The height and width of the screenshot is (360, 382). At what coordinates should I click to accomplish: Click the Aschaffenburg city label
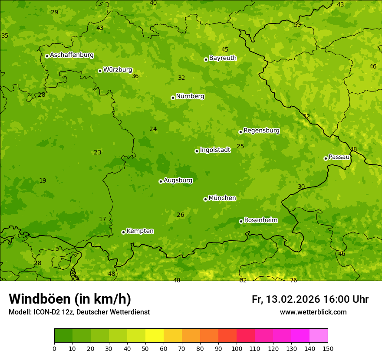(72, 55)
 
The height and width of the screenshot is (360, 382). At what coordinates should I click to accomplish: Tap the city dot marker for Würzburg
(100, 71)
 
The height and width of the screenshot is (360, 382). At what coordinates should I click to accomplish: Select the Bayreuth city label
(223, 58)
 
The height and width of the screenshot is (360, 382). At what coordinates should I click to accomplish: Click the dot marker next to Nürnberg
(173, 98)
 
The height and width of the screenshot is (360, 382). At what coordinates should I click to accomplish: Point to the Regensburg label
(261, 131)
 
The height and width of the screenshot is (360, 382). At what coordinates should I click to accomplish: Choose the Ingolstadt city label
(215, 150)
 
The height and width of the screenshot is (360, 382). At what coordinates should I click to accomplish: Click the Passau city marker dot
(326, 158)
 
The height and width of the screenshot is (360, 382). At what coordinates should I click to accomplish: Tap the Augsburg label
(178, 180)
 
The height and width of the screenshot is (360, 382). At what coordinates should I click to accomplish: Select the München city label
(222, 198)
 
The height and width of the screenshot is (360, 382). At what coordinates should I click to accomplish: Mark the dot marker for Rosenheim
(241, 221)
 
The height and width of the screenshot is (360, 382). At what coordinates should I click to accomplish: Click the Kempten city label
(140, 231)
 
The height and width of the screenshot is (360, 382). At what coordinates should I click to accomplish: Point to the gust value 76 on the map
(293, 280)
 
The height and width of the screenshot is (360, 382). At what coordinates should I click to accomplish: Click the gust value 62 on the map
(243, 280)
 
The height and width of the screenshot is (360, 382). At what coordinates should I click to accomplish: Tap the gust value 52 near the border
(306, 116)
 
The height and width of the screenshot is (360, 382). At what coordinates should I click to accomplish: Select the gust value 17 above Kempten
(102, 219)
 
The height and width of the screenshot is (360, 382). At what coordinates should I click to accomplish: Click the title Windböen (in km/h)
(70, 299)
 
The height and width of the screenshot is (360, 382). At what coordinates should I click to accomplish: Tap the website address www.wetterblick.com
(313, 312)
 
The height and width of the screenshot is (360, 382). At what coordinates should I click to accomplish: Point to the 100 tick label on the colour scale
(237, 348)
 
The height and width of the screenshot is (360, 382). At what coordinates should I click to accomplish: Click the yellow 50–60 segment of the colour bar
(155, 336)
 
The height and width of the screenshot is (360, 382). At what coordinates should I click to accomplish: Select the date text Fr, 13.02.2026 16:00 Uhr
(310, 299)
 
